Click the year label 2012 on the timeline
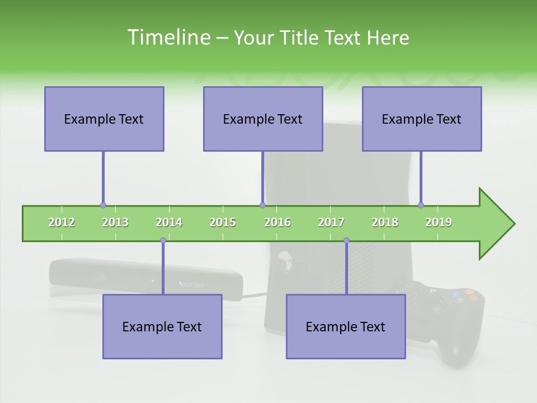coord(62,222)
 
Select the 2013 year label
coord(115,222)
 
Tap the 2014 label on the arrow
coord(169,222)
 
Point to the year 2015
coord(223,222)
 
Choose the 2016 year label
coord(277,222)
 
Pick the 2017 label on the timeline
coord(331,222)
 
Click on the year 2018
coord(385,222)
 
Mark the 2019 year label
coord(439,222)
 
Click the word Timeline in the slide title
coord(168,38)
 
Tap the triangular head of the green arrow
coord(496,224)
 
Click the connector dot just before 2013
coord(103,205)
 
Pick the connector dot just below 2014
coord(163,241)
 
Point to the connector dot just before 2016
coord(262,205)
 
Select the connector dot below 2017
coord(346,241)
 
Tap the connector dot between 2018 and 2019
coord(421,205)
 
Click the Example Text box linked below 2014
coord(162,326)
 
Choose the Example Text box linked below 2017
coord(346,326)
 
